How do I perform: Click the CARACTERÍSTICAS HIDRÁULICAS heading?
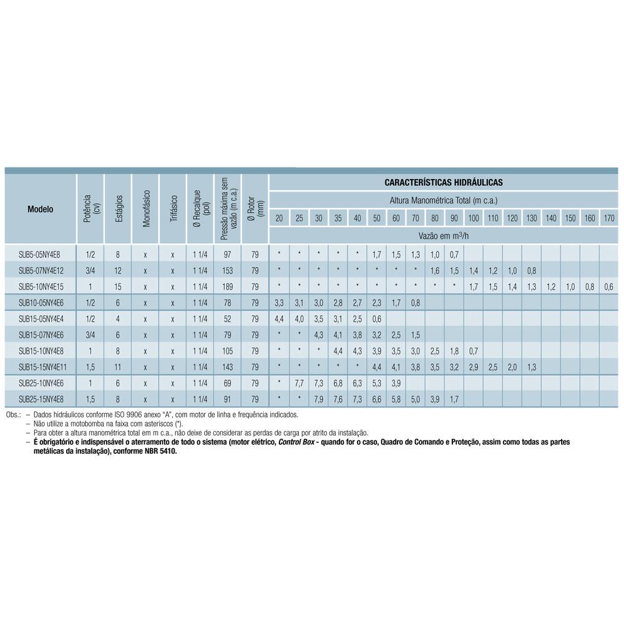pyautogui.click(x=444, y=183)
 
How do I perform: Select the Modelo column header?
pyautogui.click(x=41, y=209)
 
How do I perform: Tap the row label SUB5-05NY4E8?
pyautogui.click(x=39, y=255)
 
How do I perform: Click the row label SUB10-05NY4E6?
pyautogui.click(x=41, y=303)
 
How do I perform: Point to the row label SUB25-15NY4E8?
pyautogui.click(x=41, y=399)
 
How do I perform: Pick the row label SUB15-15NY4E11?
pyautogui.click(x=42, y=367)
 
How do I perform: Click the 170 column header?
pyautogui.click(x=609, y=218)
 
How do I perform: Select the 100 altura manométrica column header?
pyautogui.click(x=474, y=218)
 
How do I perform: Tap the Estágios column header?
pyautogui.click(x=119, y=209)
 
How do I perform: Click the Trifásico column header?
pyautogui.click(x=173, y=209)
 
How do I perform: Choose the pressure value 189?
pyautogui.click(x=227, y=287)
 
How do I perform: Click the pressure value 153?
pyautogui.click(x=227, y=271)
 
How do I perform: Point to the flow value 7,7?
pyautogui.click(x=299, y=383)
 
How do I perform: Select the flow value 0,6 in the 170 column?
pyautogui.click(x=609, y=287)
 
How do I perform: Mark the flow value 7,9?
pyautogui.click(x=318, y=399)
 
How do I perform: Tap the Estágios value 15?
pyautogui.click(x=118, y=287)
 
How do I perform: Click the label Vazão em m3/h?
pyautogui.click(x=444, y=235)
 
